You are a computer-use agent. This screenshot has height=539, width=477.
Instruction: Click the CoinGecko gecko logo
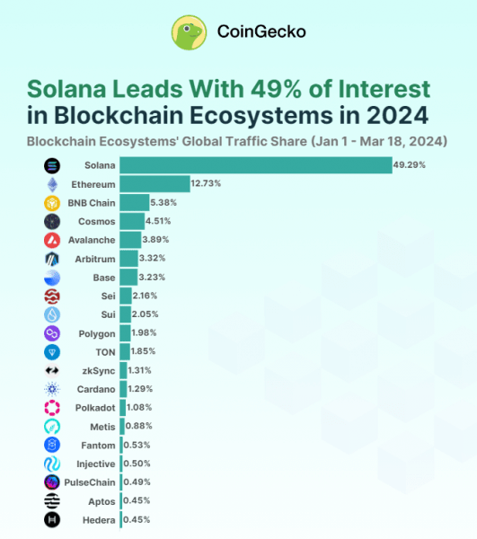click(190, 32)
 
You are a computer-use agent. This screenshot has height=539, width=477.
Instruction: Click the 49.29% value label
click(409, 165)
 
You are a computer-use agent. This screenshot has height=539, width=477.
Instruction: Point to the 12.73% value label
click(206, 184)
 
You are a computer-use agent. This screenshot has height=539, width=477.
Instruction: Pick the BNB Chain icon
click(52, 203)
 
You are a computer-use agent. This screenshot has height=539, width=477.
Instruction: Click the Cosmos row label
click(94, 221)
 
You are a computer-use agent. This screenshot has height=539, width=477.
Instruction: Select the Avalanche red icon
click(52, 240)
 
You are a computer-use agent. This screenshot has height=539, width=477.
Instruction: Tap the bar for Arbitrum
click(128, 259)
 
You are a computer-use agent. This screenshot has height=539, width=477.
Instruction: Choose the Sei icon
click(52, 296)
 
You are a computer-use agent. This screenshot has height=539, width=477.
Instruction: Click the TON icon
click(52, 352)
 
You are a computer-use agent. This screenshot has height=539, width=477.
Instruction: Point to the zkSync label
click(97, 370)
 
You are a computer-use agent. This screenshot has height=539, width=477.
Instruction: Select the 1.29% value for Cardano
click(142, 389)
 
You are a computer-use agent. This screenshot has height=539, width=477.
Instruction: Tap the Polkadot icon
click(52, 408)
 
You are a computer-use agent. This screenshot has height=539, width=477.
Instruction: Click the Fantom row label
click(97, 445)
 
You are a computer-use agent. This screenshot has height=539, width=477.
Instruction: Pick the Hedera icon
click(52, 519)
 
